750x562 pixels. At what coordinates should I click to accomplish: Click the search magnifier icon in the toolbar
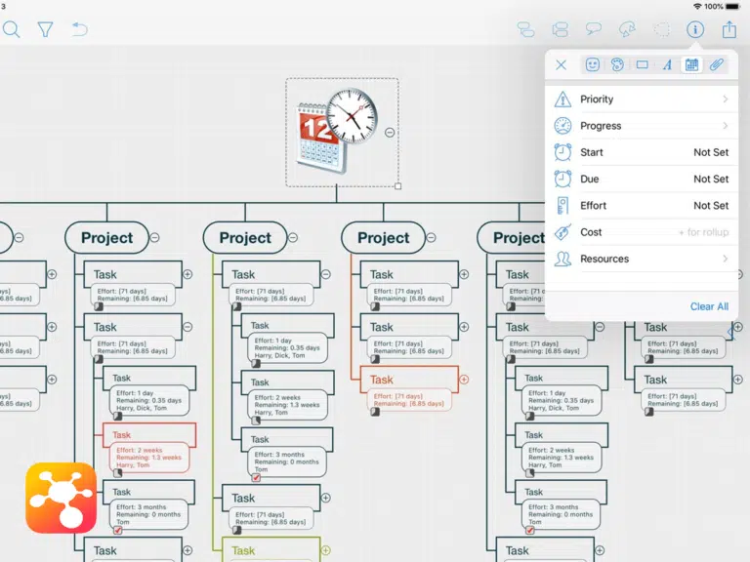click(x=11, y=29)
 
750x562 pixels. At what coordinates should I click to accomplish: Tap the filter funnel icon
click(x=45, y=29)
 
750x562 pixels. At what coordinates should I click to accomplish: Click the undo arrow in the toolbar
click(x=79, y=29)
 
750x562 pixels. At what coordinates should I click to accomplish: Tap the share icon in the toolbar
click(x=729, y=29)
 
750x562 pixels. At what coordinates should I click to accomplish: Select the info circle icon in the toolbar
click(x=695, y=29)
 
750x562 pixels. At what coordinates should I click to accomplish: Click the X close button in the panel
click(x=561, y=65)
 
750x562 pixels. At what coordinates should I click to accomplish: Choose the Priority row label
click(x=597, y=100)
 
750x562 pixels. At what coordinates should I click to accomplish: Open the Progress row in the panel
click(x=601, y=126)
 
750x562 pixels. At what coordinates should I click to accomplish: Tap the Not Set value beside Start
click(x=711, y=152)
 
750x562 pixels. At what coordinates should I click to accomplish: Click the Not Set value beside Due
click(x=711, y=180)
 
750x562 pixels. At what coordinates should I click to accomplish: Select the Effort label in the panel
click(x=593, y=206)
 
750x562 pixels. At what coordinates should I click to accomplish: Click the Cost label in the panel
click(x=591, y=232)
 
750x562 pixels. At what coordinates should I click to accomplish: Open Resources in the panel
click(x=604, y=259)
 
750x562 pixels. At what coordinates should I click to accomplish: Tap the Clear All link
click(x=709, y=306)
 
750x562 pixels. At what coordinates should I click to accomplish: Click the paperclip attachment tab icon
click(x=717, y=65)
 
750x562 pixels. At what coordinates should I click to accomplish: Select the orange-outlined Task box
click(x=409, y=380)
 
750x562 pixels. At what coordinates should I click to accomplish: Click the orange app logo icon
click(x=61, y=498)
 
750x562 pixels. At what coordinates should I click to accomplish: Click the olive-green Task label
click(x=244, y=551)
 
